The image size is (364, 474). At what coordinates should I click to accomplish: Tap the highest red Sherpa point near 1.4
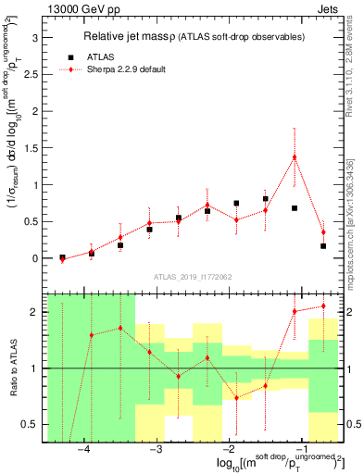point(295,157)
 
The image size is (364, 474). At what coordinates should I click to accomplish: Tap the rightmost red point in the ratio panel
point(323,306)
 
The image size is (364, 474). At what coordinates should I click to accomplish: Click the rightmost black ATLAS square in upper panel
point(323,246)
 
